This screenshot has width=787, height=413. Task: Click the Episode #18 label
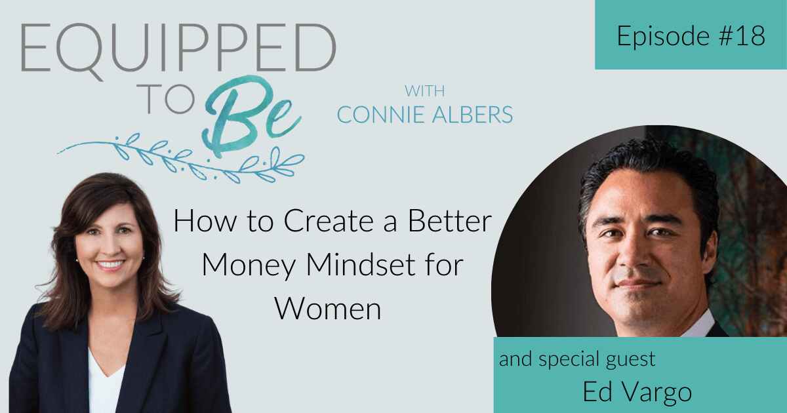(x=691, y=36)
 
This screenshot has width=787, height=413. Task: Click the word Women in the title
(x=327, y=307)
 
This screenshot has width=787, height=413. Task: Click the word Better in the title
(x=453, y=224)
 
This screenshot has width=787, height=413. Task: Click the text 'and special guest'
(x=577, y=359)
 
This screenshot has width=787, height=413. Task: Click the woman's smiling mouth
(x=111, y=265)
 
